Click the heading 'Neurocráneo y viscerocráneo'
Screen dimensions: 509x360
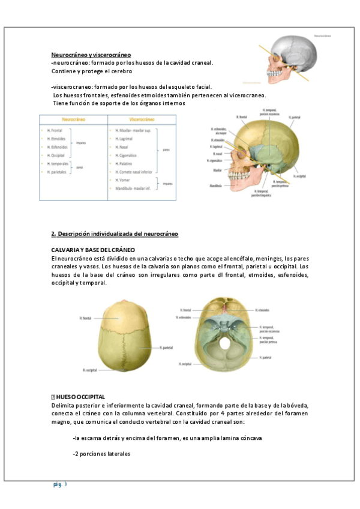pos(91,55)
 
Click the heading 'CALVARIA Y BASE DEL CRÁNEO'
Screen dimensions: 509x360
pos(92,249)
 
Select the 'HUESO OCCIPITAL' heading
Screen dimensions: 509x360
pos(82,397)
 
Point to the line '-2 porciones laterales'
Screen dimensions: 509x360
pos(101,453)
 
